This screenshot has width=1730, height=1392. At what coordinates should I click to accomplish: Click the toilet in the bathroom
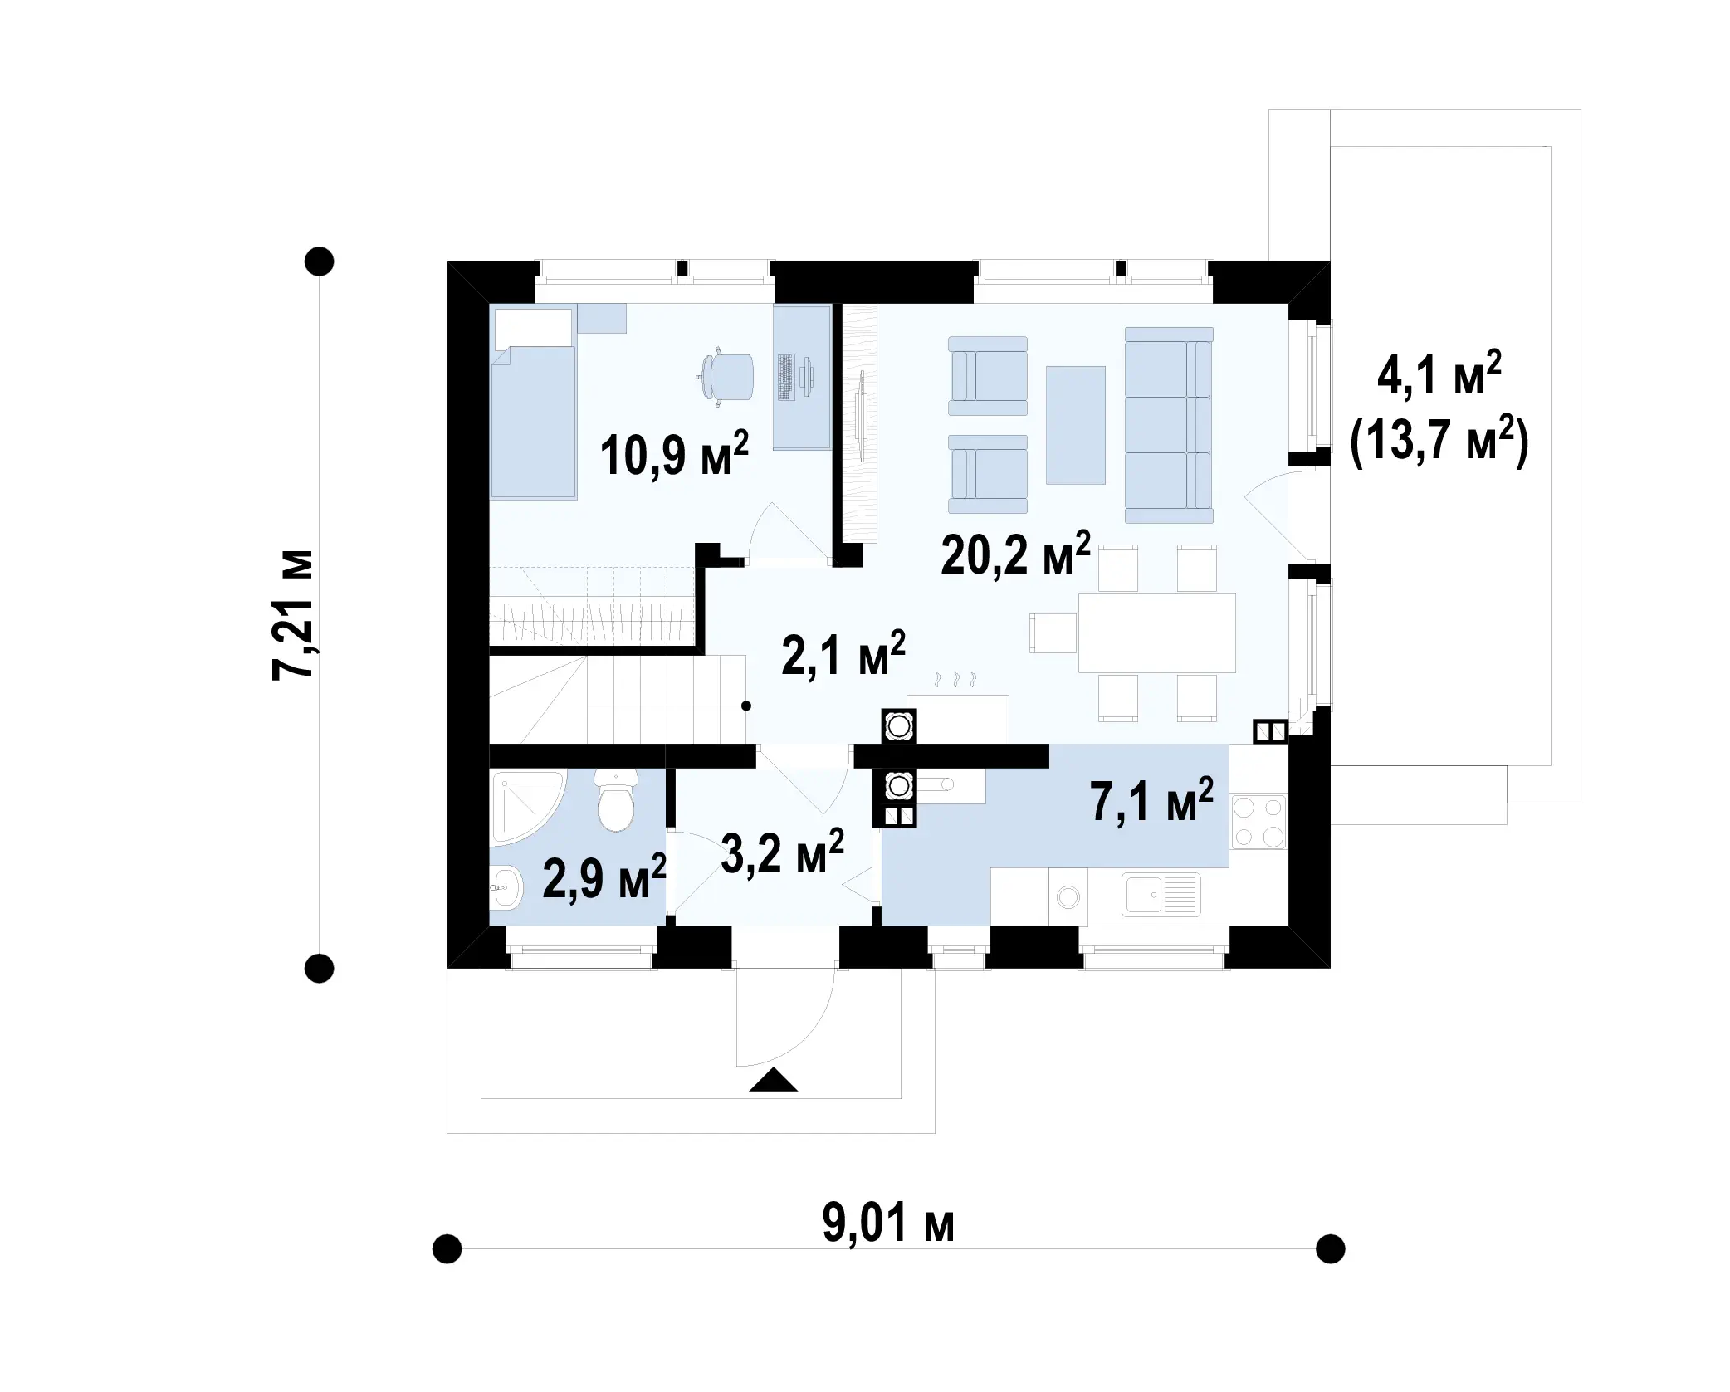tap(616, 800)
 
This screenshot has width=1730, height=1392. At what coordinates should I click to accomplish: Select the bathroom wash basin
tap(506, 887)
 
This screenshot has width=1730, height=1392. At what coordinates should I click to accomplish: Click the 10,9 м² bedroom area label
tap(674, 454)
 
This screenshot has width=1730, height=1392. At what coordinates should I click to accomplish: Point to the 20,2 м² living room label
tap(1015, 554)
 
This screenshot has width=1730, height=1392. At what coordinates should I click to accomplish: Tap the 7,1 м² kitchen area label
tap(1151, 801)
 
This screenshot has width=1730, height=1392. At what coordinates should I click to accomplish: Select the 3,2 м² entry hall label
tap(782, 852)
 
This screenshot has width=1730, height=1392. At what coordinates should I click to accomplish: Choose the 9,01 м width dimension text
tap(888, 1223)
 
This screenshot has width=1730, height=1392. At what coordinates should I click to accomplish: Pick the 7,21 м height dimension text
tap(293, 615)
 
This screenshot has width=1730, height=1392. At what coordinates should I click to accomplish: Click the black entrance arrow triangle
tap(773, 1080)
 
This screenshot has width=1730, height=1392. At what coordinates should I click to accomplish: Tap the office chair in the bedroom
tap(726, 378)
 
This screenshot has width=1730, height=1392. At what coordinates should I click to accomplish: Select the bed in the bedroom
tap(533, 402)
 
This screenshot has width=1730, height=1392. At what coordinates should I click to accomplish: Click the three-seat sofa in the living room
tap(1169, 425)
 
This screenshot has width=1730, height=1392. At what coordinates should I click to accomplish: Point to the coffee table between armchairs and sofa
tap(1075, 425)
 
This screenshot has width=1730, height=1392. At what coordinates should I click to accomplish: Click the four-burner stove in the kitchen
tap(1258, 822)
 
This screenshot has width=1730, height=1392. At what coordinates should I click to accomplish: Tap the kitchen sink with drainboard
tap(1161, 895)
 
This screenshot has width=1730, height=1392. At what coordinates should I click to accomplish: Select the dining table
tap(1156, 633)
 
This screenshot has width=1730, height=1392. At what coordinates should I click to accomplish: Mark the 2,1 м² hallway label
tap(843, 654)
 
